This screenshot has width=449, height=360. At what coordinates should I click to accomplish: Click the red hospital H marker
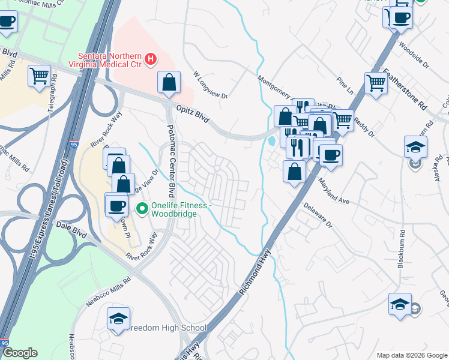(151, 59)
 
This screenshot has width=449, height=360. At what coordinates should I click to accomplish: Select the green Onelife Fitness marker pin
(142, 209)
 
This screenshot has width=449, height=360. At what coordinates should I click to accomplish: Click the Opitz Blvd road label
(192, 112)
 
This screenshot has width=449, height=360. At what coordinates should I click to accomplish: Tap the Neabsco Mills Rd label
(109, 292)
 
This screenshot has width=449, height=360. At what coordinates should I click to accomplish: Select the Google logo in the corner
(20, 353)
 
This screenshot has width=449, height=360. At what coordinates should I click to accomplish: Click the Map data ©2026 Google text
(411, 355)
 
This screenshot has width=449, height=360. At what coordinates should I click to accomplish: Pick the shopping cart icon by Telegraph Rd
(39, 76)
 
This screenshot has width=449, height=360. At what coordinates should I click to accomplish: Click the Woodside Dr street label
(414, 55)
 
